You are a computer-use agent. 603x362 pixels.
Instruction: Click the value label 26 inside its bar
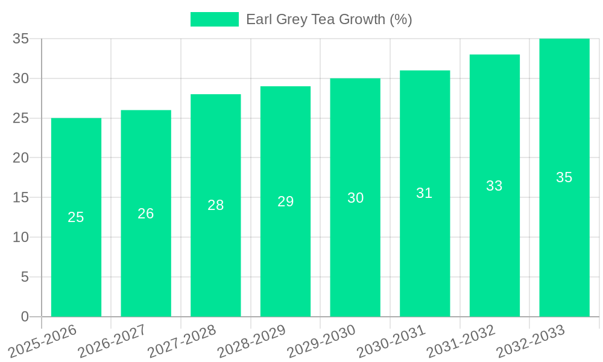[x=146, y=214]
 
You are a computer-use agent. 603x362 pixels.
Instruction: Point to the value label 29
[x=285, y=202]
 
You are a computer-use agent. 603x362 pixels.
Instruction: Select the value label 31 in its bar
[x=425, y=193]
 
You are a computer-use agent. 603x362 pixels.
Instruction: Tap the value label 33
[x=494, y=186]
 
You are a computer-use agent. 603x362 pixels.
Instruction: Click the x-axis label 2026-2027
[x=112, y=341]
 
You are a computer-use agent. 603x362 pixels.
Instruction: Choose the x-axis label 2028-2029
[x=251, y=341]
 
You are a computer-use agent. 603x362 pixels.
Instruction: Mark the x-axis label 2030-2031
[x=391, y=341]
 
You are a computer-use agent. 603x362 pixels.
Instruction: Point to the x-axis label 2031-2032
[x=461, y=341]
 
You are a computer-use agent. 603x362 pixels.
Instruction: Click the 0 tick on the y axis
[x=25, y=317]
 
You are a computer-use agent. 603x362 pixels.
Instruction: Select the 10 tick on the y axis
[x=21, y=237]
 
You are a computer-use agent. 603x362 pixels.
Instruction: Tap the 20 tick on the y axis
[x=21, y=158]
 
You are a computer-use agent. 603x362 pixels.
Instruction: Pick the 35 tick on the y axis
[x=21, y=39]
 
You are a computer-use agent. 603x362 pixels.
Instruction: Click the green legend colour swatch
[x=215, y=19]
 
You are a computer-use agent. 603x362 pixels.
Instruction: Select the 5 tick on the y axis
[x=25, y=277]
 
